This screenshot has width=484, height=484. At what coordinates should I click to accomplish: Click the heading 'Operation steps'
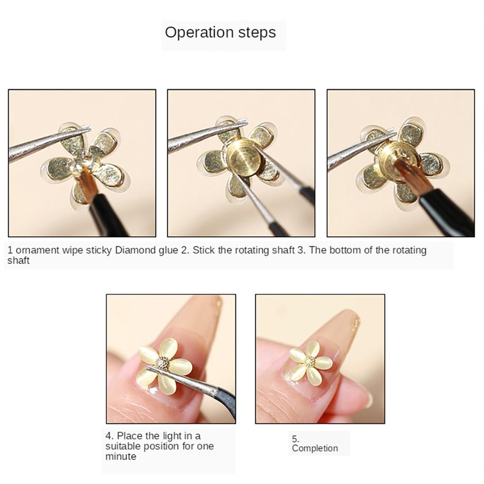[x=220, y=32]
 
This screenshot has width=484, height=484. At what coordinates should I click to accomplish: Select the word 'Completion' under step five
[x=315, y=448]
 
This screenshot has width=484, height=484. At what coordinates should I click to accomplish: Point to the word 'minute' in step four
[x=121, y=456]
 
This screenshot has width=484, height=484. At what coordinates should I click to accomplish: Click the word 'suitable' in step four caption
[x=122, y=446]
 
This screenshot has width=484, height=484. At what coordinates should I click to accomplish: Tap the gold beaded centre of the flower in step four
[x=164, y=363]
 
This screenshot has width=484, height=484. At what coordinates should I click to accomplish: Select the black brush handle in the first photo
[x=109, y=218]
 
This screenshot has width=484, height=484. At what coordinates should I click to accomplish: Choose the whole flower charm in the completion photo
[x=310, y=362]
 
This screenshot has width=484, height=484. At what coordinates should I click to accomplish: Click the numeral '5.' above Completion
[x=295, y=439]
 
